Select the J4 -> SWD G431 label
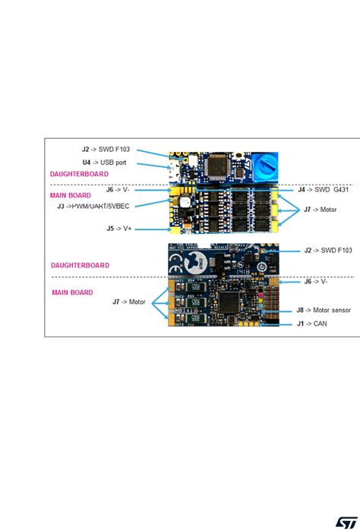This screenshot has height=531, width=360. [x=322, y=190]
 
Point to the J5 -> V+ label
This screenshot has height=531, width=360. [x=120, y=227]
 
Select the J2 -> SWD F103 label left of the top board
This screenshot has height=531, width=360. [x=111, y=150]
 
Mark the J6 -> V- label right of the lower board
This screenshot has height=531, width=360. [x=318, y=281]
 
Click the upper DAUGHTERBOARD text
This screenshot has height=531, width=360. [x=80, y=174]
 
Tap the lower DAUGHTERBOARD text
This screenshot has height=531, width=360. [x=81, y=265]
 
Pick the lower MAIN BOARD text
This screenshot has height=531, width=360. [x=73, y=292]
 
